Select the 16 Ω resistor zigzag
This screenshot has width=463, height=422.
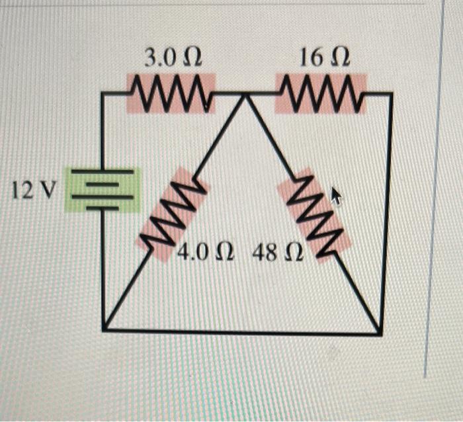click(x=321, y=93)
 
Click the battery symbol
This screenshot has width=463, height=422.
click(x=102, y=189)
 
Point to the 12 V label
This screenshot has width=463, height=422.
click(x=34, y=191)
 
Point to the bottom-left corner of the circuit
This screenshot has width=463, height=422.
click(x=103, y=329)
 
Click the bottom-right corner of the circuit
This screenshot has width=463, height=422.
click(x=380, y=333)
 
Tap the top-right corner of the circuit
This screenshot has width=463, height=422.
click(x=392, y=94)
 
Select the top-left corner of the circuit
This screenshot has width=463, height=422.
click(x=103, y=94)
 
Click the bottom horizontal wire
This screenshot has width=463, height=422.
click(x=241, y=331)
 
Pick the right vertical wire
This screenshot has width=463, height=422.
click(x=388, y=212)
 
